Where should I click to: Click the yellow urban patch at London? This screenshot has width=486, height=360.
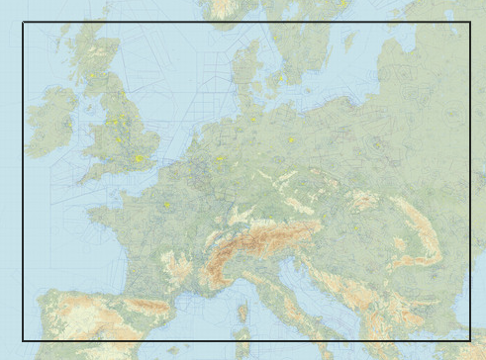coord(140,157)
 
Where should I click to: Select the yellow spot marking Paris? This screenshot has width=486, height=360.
coord(167,205)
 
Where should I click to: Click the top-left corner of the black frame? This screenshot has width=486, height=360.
coord(24,23)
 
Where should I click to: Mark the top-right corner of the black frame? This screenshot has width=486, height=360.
coord(469,23)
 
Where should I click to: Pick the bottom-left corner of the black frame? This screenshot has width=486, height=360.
coord(24,340)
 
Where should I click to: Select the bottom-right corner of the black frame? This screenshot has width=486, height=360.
coord(469,340)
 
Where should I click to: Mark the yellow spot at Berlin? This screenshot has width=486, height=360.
coord(292,139)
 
